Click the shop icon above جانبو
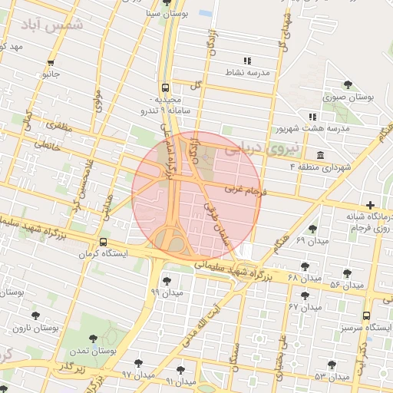51,63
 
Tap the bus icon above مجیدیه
166,88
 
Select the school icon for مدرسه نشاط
246,60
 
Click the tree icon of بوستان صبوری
348,84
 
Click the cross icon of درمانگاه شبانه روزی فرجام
371,205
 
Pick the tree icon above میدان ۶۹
312,229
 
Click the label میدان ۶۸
280,276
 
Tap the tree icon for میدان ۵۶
347,273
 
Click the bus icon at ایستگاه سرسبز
365,315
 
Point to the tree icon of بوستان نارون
35,315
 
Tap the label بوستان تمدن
91,351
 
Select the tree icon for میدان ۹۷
138,363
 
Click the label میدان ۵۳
332,377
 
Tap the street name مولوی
97,101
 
